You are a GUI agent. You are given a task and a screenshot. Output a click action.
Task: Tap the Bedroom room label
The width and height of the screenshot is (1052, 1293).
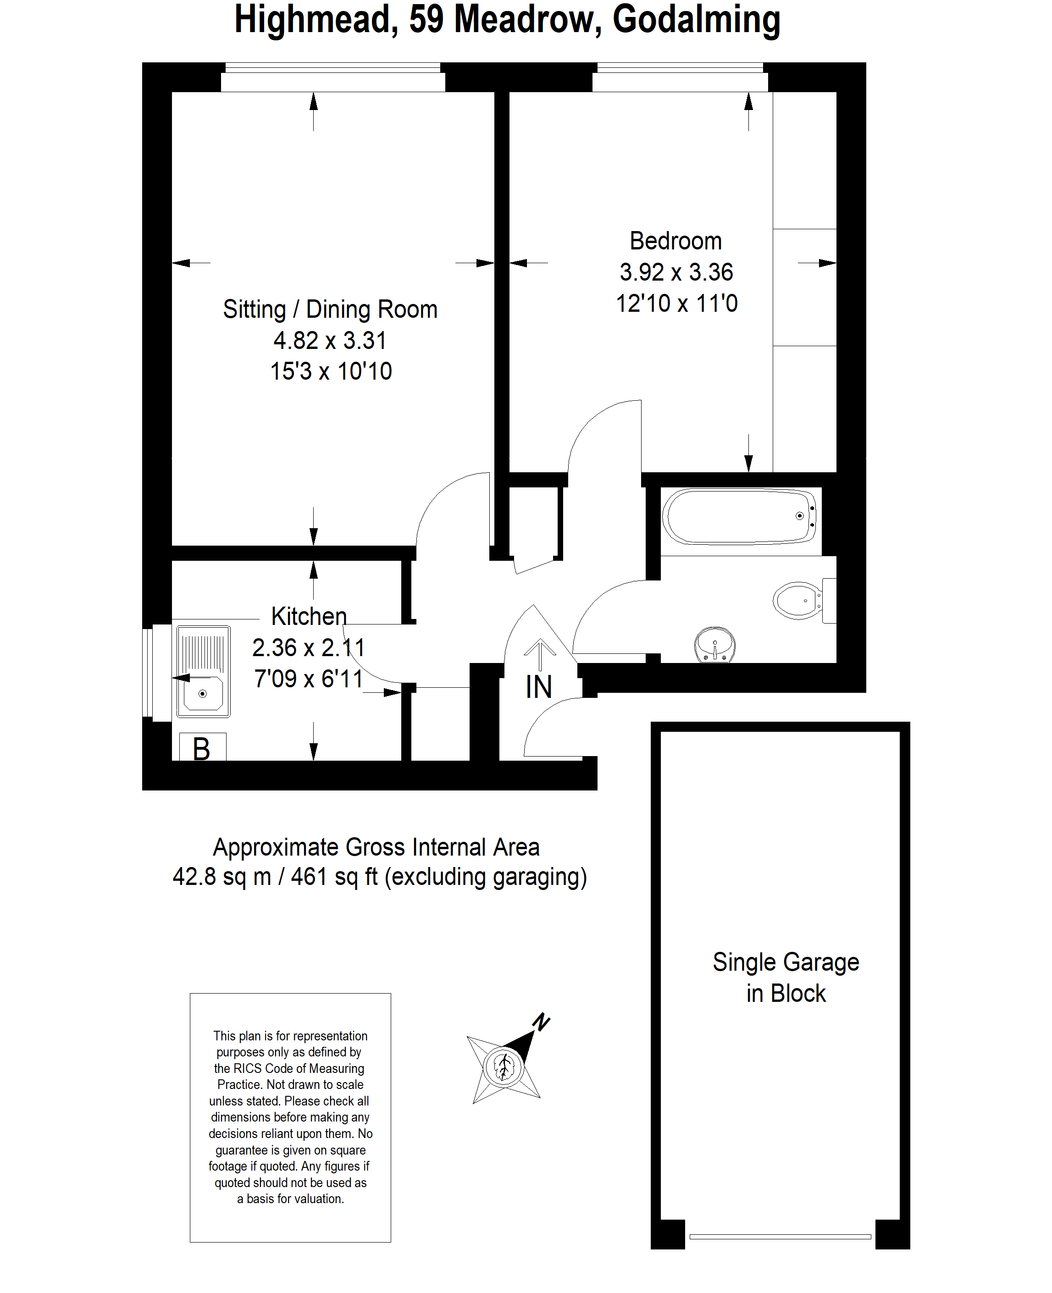675,241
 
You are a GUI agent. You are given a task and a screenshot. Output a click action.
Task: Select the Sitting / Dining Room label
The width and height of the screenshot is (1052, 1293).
330,309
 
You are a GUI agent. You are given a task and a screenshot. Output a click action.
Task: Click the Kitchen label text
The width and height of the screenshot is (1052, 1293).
309,616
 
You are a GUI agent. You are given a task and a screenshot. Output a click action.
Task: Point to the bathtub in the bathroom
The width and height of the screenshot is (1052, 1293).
739,517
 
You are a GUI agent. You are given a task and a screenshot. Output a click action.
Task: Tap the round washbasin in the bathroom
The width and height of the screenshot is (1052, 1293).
715,644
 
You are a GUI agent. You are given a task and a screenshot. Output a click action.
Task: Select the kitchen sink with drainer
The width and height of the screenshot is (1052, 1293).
203,671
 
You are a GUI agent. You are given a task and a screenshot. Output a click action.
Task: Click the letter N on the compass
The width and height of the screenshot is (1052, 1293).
541,1022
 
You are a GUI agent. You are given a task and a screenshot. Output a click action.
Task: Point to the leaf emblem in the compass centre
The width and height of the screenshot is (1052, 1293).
503,1066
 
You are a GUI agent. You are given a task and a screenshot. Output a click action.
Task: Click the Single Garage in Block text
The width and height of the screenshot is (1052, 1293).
786,978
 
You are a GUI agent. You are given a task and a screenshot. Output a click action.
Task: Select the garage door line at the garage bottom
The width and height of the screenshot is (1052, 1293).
780,1237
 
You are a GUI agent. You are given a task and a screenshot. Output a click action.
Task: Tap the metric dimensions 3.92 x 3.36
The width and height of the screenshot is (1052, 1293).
675,272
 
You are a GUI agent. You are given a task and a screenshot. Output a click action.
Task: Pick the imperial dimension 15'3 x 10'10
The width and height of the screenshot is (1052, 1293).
331,371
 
